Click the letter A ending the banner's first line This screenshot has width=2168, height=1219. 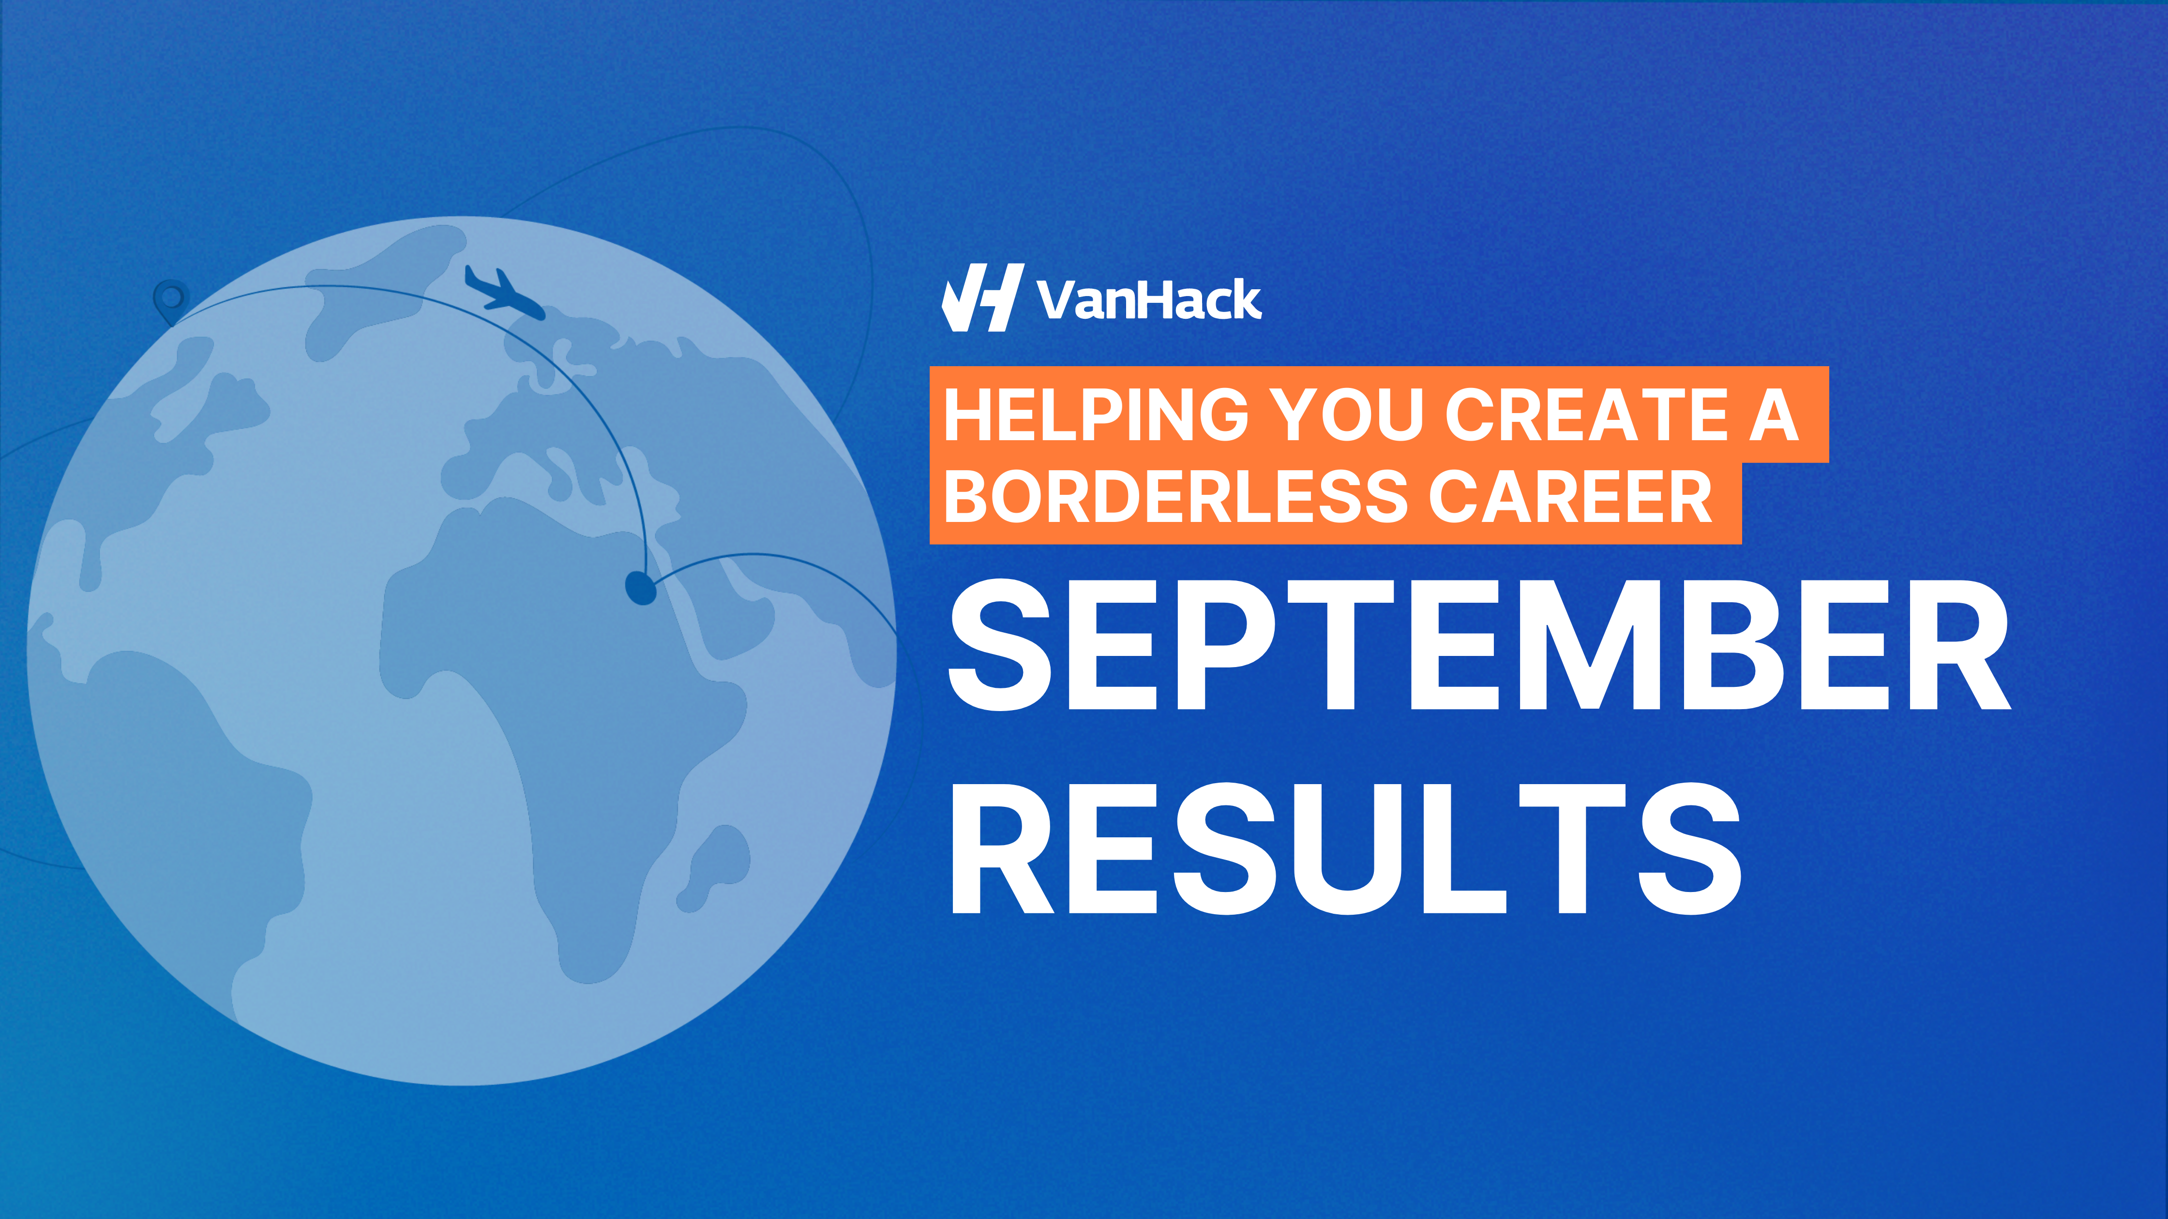tap(1773, 415)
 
